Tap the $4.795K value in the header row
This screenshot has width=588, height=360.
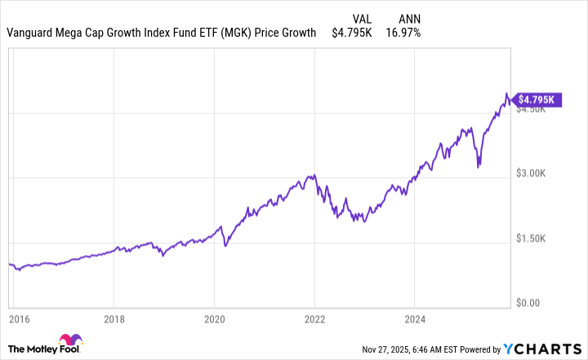point(352,33)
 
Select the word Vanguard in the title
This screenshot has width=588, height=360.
point(32,33)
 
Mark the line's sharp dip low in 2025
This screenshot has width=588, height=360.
point(479,166)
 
